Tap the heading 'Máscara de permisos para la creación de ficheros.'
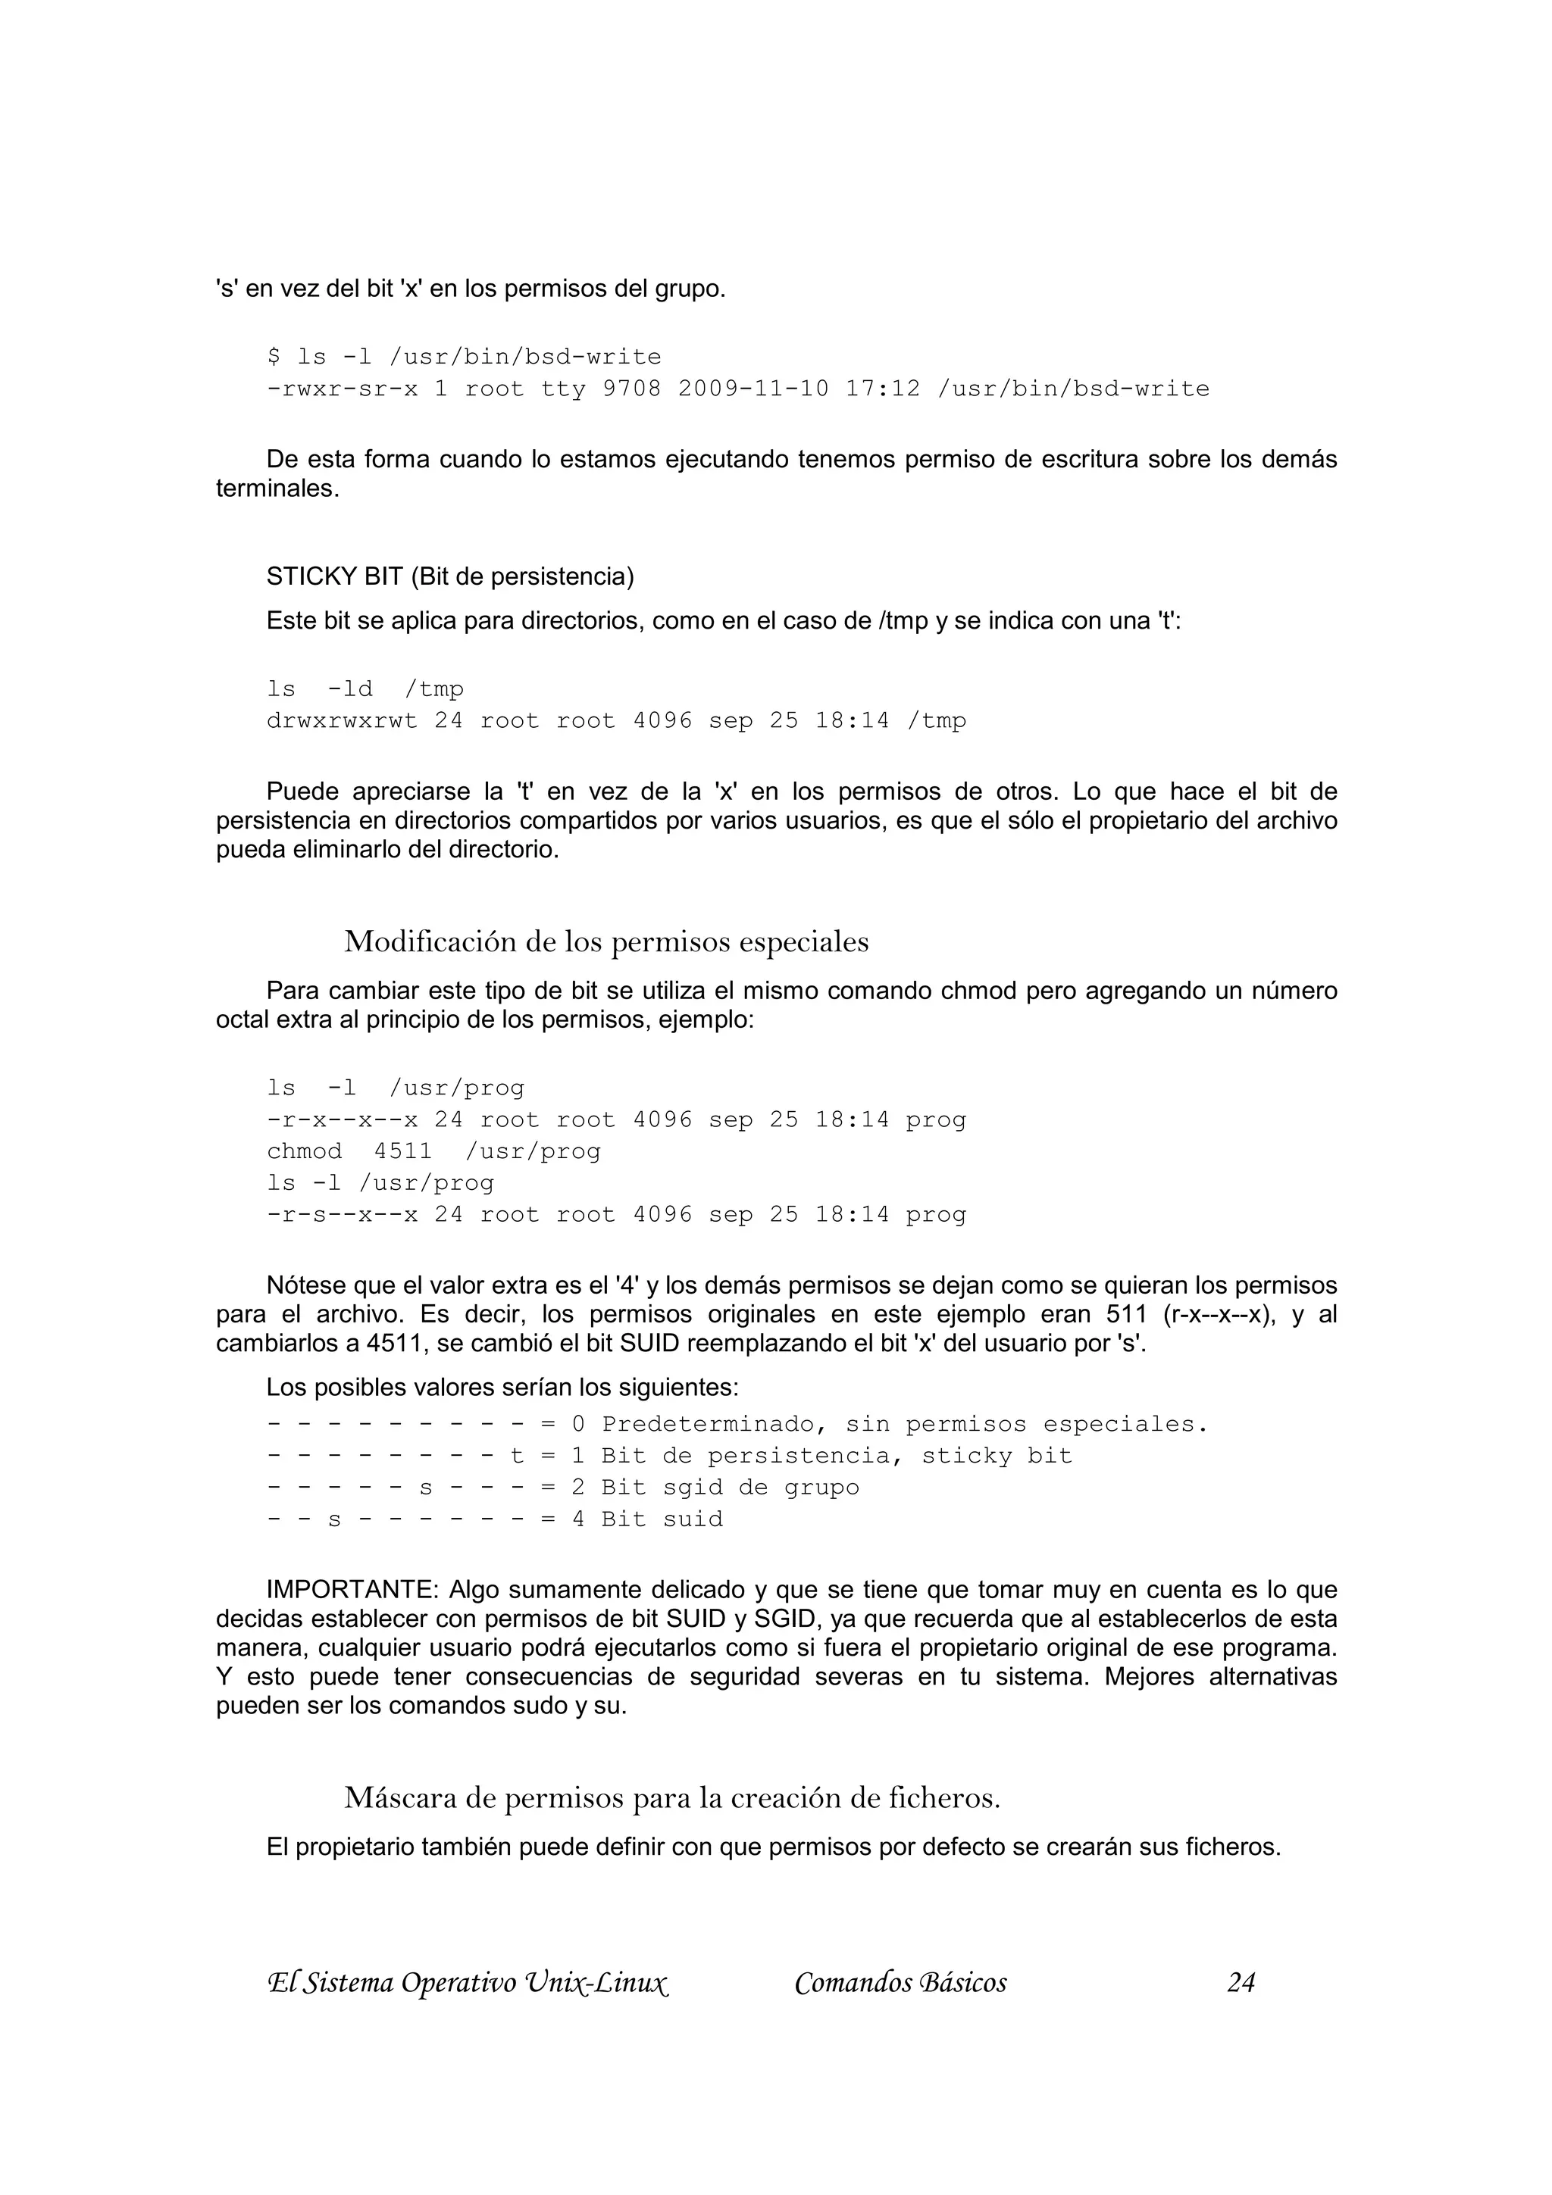point(671,1798)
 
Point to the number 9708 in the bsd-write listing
point(631,389)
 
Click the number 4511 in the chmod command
point(402,1151)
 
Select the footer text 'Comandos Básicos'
point(900,1983)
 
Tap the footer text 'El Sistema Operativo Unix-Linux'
point(467,1983)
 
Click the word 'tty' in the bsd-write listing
point(562,389)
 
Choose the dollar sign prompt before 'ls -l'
point(274,358)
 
